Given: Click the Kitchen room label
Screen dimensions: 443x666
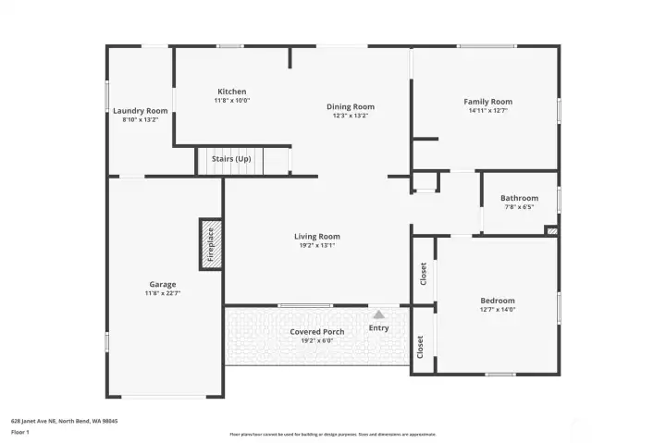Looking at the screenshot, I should (231, 92).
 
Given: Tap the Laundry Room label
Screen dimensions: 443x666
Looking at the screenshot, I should (141, 111).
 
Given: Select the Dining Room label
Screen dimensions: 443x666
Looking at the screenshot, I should (350, 106).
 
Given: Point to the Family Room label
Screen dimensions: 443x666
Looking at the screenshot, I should (487, 102).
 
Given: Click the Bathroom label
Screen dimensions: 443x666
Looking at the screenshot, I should (519, 198).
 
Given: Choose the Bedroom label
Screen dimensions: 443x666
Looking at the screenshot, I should (497, 301).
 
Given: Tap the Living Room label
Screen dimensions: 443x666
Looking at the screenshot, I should (317, 237).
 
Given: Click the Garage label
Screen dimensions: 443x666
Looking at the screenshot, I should (163, 285).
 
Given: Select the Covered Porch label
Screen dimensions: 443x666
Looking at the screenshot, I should (316, 331).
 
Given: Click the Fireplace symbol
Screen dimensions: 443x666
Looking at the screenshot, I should (209, 244).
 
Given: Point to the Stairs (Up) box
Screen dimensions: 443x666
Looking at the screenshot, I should (230, 160).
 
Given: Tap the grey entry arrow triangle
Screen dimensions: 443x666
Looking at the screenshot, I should (378, 314).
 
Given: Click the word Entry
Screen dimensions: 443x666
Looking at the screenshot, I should (379, 327).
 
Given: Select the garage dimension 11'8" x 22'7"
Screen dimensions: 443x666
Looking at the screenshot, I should (163, 293).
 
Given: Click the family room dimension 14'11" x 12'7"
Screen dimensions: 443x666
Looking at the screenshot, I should (487, 110).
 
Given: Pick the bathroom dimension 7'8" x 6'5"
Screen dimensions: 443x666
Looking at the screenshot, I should (519, 206).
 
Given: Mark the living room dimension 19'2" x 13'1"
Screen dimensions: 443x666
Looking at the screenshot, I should (317, 245).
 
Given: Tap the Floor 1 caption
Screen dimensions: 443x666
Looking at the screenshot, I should (20, 432).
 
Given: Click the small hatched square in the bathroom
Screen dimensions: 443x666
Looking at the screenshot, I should (551, 230).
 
